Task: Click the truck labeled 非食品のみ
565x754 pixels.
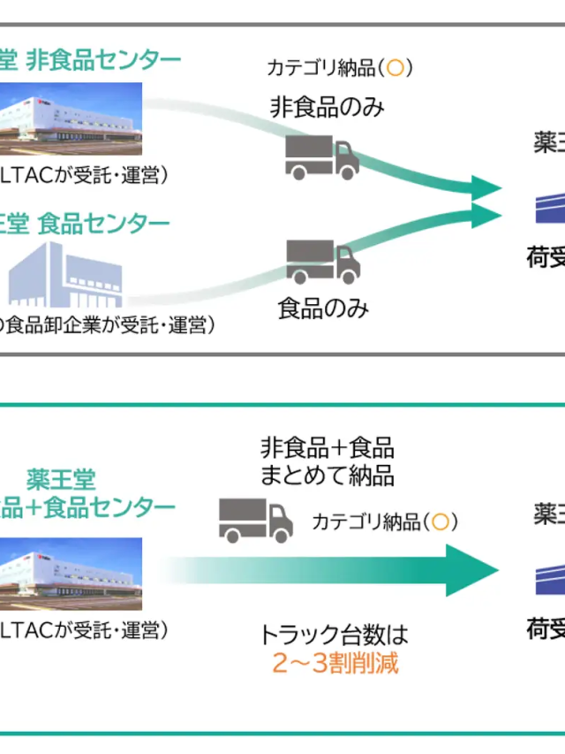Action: coord(321,156)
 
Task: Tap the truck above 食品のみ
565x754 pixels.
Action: coord(323,261)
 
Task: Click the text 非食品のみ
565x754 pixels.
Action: coord(328,107)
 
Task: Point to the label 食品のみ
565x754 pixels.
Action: coord(323,308)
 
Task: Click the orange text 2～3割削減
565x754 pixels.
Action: coord(335,664)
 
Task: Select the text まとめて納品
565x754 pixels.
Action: coord(327,475)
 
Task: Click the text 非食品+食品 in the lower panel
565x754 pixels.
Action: coord(327,446)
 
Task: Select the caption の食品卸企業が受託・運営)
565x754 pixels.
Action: coord(107,325)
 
